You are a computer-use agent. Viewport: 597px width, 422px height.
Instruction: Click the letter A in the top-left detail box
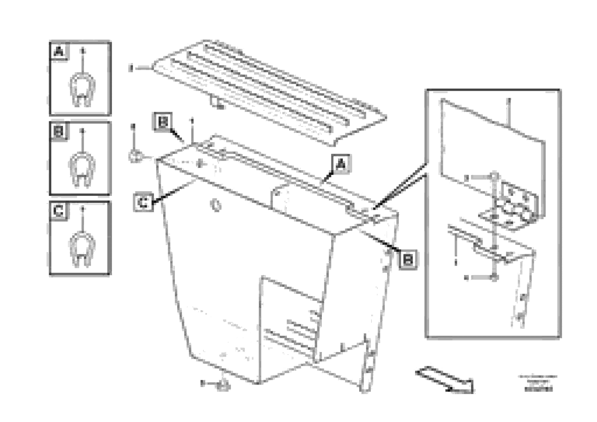coord(59,52)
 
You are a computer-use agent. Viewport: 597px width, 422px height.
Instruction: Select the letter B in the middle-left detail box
coord(59,132)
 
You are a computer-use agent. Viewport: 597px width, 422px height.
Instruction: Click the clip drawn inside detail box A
coord(82,90)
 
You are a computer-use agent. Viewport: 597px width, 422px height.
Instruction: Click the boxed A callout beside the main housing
coord(341,164)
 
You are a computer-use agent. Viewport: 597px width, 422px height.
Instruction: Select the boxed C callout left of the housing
coord(143,202)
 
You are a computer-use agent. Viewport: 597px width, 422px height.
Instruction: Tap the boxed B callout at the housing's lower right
coord(408,259)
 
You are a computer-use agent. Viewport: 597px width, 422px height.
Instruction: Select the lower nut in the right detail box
coord(494,278)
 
